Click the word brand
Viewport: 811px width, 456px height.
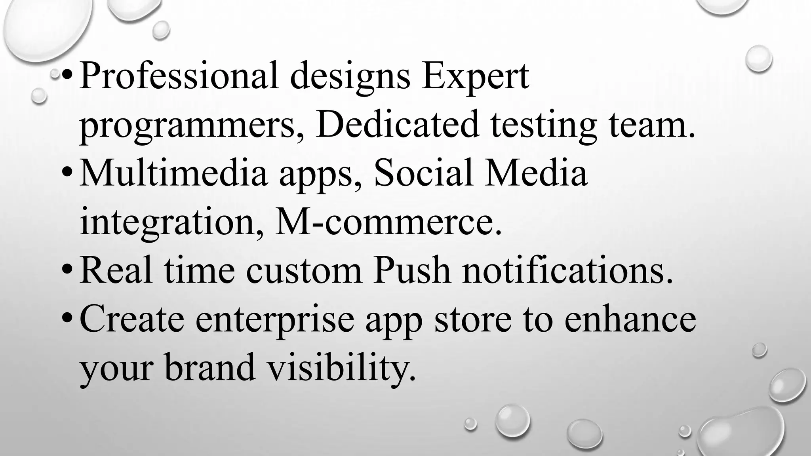click(x=210, y=368)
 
